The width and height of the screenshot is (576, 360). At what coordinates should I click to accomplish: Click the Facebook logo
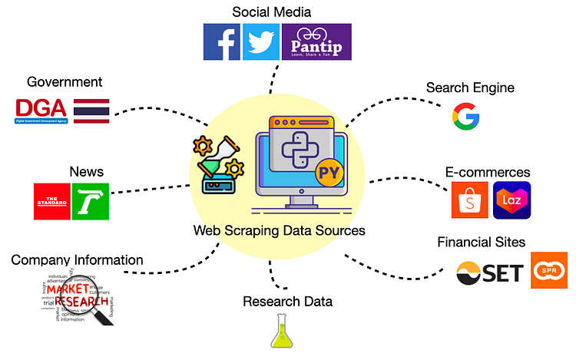click(x=222, y=41)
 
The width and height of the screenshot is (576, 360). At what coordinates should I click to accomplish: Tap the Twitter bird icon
click(x=261, y=41)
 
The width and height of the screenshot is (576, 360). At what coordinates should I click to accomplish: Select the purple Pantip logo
click(x=316, y=41)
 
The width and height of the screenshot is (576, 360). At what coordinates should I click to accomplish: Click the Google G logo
click(x=465, y=117)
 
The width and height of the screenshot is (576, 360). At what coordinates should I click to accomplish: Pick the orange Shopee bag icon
click(x=470, y=201)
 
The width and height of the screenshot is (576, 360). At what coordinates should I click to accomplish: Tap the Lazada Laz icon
click(x=511, y=201)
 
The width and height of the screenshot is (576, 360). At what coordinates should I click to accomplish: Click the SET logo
click(x=490, y=272)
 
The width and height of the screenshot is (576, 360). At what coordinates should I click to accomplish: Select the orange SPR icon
click(x=549, y=270)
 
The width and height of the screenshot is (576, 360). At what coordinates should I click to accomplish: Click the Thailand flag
click(x=91, y=111)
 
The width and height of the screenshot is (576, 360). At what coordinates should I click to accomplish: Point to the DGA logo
click(x=41, y=111)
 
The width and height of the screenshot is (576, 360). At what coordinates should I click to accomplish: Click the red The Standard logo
click(x=51, y=202)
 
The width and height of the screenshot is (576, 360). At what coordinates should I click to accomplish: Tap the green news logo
click(x=91, y=202)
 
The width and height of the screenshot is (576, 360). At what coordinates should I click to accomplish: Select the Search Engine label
click(x=470, y=88)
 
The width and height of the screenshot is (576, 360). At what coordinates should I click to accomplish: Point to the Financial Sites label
click(x=481, y=243)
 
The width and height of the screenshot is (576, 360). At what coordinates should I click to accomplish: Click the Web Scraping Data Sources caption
click(x=279, y=230)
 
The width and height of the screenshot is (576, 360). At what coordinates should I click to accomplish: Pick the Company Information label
click(x=77, y=260)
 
